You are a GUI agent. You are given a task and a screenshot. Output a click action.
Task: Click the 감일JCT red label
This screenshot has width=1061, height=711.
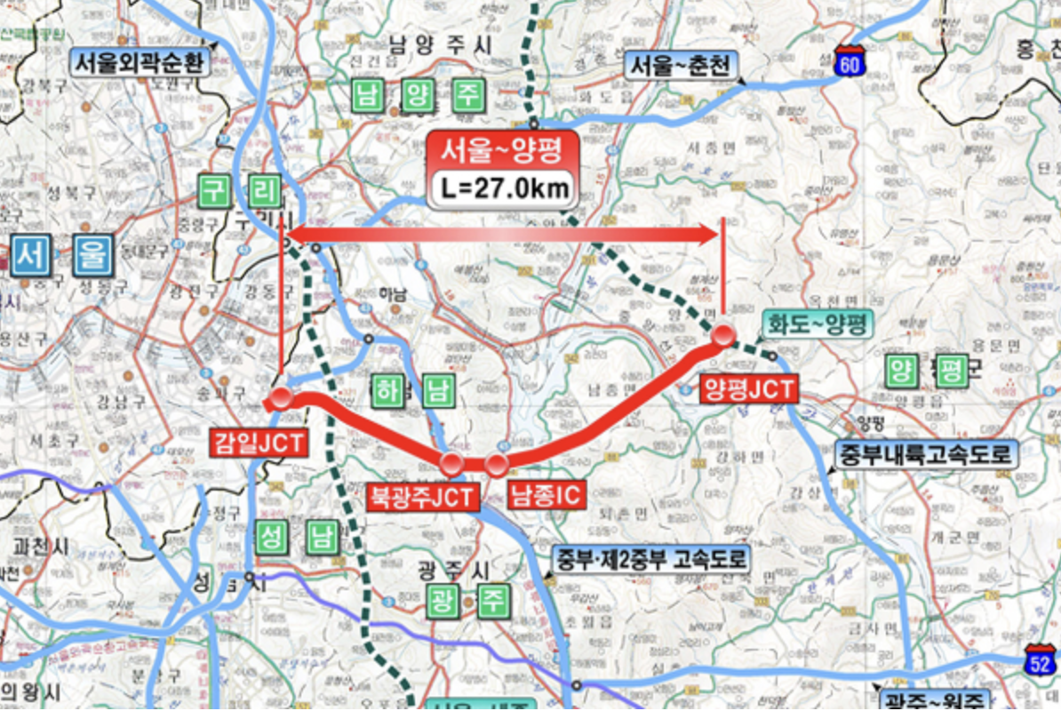259,442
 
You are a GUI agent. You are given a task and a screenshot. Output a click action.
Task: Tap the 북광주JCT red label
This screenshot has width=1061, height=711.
422,496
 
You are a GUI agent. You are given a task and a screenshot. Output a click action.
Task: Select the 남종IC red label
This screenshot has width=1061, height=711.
546,494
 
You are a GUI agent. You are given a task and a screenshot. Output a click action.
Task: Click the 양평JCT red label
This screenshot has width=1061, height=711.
749,388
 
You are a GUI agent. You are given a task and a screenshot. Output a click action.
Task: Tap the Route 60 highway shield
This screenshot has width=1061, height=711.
850,62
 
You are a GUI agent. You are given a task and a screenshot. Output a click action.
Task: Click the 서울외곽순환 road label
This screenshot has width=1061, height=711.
140,63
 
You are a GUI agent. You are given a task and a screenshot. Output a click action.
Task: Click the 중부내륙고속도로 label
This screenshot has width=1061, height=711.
925,455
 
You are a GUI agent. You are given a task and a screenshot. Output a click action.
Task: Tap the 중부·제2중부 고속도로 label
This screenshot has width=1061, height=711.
651,560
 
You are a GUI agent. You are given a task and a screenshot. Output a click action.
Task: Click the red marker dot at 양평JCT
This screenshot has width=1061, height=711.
723,336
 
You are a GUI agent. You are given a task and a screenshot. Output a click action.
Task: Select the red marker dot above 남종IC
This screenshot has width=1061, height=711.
496,463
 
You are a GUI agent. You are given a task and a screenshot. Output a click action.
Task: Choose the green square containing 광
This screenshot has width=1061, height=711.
441,603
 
